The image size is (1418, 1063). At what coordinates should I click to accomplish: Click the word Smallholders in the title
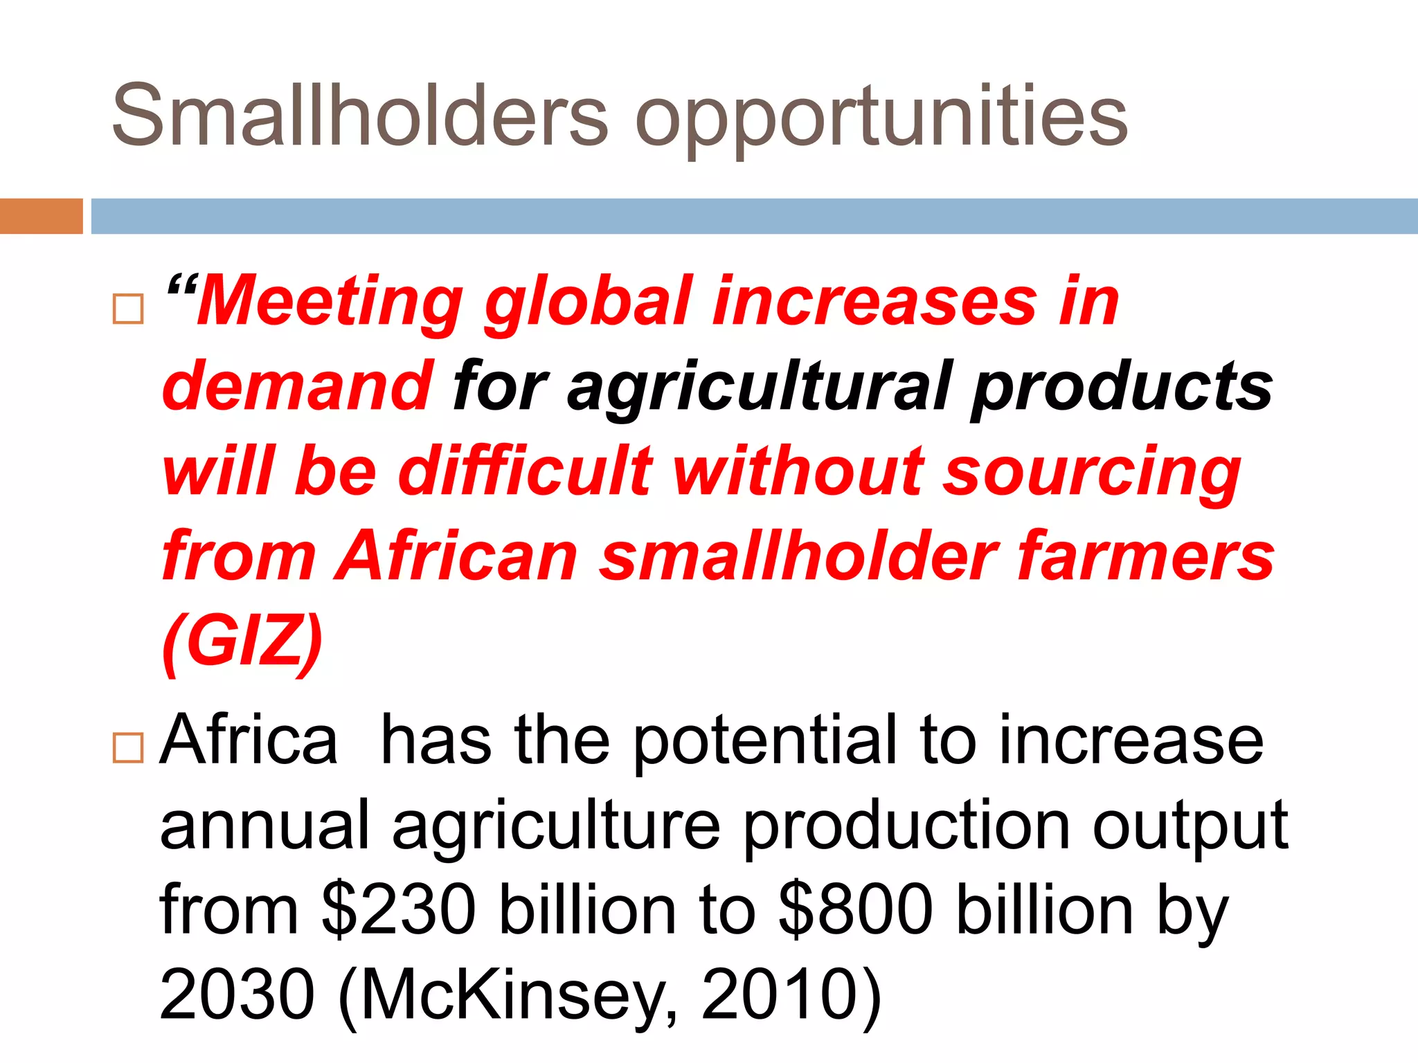pyautogui.click(x=360, y=115)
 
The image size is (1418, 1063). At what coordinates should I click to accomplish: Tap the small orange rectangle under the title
pyautogui.click(x=41, y=216)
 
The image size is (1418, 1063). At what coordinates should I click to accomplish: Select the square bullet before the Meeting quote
pyautogui.click(x=128, y=309)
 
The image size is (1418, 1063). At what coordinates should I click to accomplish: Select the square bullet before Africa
pyautogui.click(x=128, y=747)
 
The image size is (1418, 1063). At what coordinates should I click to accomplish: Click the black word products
pyautogui.click(x=1122, y=386)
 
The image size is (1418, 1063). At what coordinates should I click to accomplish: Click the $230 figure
pyautogui.click(x=399, y=911)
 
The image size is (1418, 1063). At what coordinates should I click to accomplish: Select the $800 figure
pyautogui.click(x=856, y=911)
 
